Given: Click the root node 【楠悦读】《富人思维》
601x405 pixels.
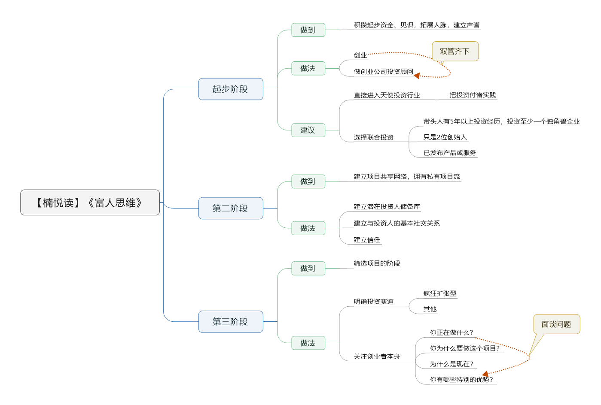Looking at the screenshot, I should [x=90, y=202].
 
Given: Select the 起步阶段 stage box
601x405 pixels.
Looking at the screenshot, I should [x=230, y=89].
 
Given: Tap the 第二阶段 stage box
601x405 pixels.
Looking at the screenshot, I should [x=230, y=208].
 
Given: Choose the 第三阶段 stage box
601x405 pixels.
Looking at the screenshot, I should [x=230, y=321].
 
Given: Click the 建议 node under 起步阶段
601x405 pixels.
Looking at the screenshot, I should [x=308, y=130].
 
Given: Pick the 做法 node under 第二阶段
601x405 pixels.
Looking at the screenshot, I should [x=308, y=228].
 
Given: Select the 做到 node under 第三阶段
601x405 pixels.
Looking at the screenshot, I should [x=308, y=268].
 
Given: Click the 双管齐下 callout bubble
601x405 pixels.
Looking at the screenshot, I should [x=455, y=51].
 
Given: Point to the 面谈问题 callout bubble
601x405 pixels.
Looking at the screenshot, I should [x=556, y=324].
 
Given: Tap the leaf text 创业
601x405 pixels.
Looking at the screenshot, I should [x=360, y=55].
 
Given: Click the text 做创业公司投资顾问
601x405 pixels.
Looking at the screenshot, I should [x=383, y=72].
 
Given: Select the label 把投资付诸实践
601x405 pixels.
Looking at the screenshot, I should [x=473, y=95].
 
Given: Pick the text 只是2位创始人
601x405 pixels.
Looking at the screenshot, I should [x=445, y=137].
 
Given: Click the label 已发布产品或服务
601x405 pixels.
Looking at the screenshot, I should [x=449, y=153].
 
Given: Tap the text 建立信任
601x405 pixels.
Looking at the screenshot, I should [x=367, y=240].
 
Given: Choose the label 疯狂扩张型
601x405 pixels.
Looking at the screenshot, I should [x=439, y=293].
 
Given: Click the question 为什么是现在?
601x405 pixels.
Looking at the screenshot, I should [x=451, y=364].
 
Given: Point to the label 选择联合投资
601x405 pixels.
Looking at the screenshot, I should [x=373, y=137].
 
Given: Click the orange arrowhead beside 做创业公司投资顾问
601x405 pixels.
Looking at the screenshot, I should [x=417, y=76].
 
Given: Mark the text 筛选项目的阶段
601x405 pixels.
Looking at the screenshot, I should [x=377, y=263].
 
